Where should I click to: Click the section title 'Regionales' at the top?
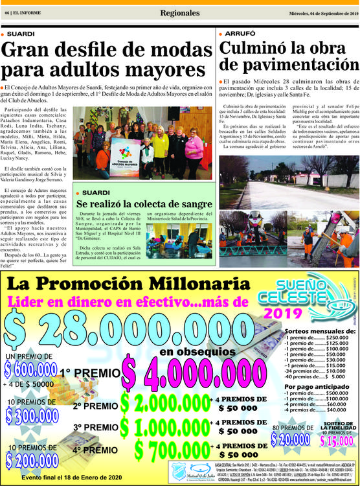180,13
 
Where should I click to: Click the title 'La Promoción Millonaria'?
138,284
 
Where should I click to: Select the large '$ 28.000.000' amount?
117,326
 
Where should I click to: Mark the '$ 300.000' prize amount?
38,415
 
